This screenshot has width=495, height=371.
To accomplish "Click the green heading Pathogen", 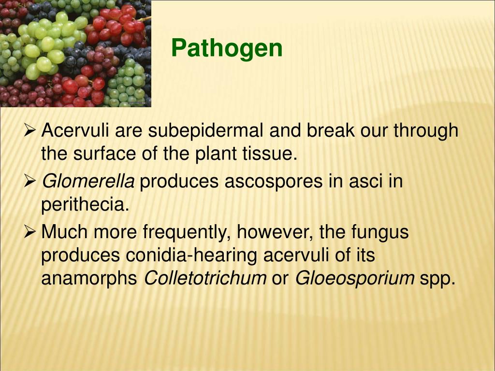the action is point(227,48).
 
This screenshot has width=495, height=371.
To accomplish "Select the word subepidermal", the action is point(206,131).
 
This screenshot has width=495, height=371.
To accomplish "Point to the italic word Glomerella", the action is point(88,182).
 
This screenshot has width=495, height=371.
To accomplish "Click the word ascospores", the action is point(274,182).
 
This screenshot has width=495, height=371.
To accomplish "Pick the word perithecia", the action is point(85,205).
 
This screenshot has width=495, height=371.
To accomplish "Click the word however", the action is point(275,232).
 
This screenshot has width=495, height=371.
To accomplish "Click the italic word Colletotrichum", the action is point(205,278).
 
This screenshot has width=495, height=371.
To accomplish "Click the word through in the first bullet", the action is point(425,131).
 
